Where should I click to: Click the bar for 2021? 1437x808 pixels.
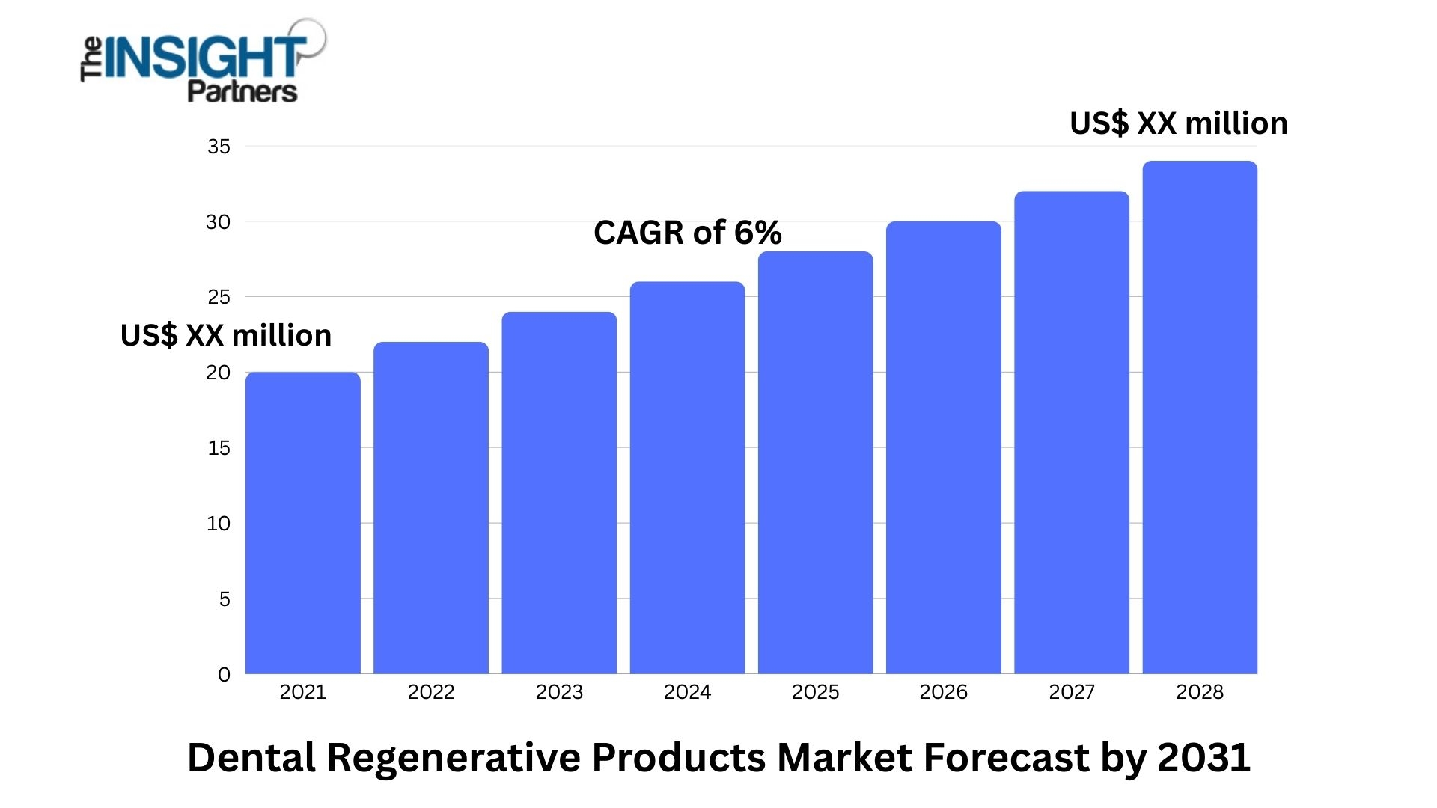tap(302, 523)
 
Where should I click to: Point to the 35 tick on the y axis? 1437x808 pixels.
tap(219, 147)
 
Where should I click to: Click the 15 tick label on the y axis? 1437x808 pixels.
tap(219, 448)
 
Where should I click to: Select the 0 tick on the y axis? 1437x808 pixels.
tap(224, 675)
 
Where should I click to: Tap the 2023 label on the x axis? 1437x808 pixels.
tap(559, 692)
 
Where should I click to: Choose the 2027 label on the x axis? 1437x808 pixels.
tap(1071, 692)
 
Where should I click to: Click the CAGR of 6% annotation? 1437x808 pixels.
tap(687, 233)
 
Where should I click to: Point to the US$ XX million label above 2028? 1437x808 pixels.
tap(1178, 123)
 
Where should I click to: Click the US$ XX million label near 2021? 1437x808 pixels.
tap(225, 335)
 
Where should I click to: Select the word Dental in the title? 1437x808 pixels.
tap(251, 758)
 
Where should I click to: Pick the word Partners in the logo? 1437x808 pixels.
tap(242, 92)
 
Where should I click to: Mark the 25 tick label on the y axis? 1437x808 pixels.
tap(219, 297)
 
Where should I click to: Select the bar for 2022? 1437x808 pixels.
tap(430, 508)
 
